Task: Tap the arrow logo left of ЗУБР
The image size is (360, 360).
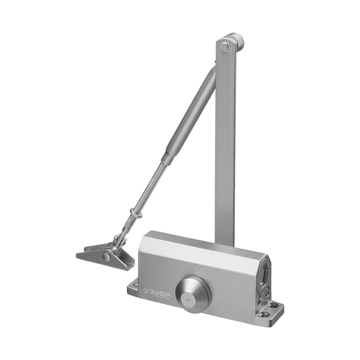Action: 145,290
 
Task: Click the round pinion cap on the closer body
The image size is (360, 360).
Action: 193,294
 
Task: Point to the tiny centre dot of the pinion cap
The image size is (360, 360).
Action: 188,300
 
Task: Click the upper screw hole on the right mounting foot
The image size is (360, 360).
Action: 274,306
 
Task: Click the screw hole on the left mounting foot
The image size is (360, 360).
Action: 136,286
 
